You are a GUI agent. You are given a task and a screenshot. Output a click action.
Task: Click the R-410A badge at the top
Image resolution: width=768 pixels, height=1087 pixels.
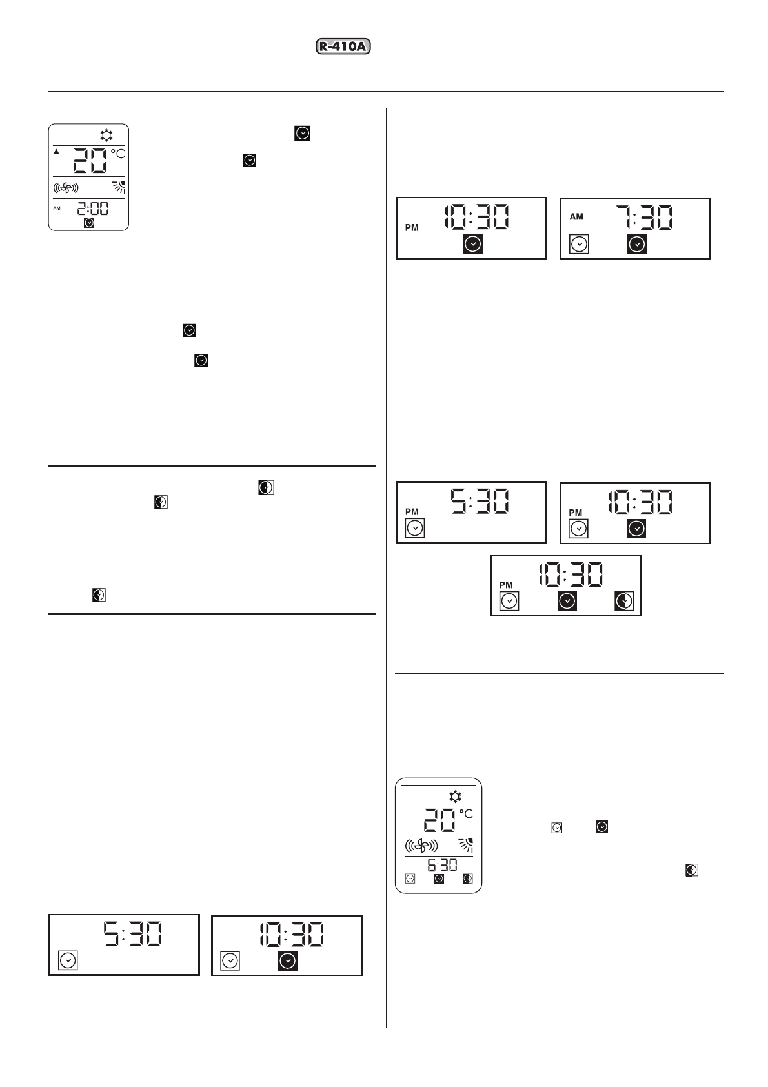345,46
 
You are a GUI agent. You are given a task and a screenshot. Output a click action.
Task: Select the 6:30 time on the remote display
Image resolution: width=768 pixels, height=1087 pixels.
442,865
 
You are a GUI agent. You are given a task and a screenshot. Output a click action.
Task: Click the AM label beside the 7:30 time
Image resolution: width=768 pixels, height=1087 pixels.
576,217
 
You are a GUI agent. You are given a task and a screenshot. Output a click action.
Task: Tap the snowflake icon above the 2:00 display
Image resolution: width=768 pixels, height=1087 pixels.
106,135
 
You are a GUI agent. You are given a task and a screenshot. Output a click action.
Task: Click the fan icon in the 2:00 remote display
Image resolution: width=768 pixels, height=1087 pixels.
65,188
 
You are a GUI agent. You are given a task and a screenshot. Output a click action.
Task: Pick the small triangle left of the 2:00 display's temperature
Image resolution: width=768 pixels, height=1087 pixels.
56,152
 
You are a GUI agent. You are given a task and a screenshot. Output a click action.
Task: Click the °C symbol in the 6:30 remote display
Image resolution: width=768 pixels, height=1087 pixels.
465,815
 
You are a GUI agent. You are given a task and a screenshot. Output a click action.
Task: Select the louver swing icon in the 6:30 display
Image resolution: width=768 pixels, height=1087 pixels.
464,845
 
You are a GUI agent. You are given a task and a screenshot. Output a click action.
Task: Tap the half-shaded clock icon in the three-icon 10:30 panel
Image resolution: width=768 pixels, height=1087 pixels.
624,601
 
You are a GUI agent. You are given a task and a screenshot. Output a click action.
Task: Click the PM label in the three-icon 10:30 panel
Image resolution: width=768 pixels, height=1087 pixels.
507,585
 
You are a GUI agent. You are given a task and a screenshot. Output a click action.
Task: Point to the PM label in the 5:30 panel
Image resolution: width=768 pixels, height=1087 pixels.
412,511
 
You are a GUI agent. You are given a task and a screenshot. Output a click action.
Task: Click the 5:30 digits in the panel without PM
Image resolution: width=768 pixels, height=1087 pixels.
134,935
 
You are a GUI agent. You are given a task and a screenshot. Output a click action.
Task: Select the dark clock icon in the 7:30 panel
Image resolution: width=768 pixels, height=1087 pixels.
637,244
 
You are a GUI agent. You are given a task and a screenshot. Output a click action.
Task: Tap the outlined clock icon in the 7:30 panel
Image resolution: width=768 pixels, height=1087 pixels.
580,244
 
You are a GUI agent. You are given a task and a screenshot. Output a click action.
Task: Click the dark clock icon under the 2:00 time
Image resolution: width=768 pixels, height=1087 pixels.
89,222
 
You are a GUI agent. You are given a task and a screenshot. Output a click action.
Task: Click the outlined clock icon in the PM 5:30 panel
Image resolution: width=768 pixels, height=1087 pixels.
415,528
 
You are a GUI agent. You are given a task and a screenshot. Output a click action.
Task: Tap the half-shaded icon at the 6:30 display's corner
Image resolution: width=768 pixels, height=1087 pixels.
467,879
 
